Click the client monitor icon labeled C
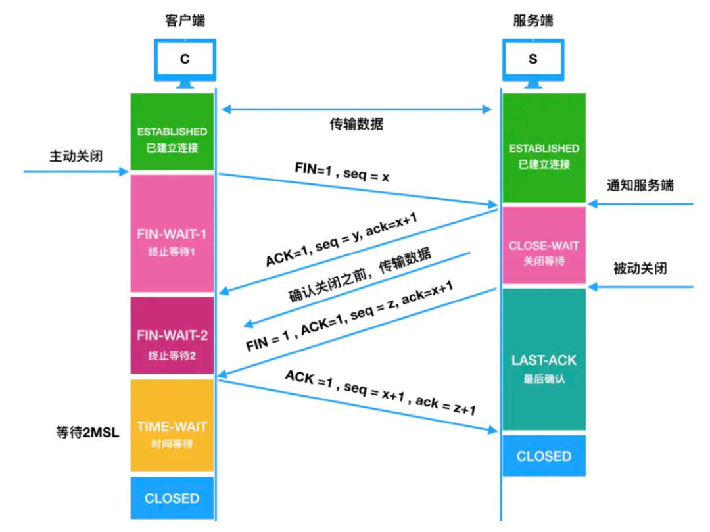tap(185, 63)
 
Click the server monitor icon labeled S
tap(533, 63)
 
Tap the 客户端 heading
tap(185, 20)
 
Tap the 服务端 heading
tap(533, 20)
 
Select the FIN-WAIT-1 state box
tap(172, 233)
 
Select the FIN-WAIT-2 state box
tap(172, 335)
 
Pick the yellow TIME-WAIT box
tap(172, 425)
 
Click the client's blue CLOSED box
tap(172, 498)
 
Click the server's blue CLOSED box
tap(544, 456)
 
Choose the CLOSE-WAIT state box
tap(544, 245)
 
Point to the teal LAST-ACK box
tap(544, 360)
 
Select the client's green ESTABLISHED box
tap(172, 132)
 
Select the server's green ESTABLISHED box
tap(544, 147)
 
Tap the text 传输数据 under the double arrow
tap(356, 124)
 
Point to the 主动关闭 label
tap(76, 157)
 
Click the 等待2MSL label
tap(87, 433)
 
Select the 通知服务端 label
tap(640, 185)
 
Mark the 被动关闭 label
tap(640, 268)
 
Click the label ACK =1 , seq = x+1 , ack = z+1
tap(381, 393)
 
